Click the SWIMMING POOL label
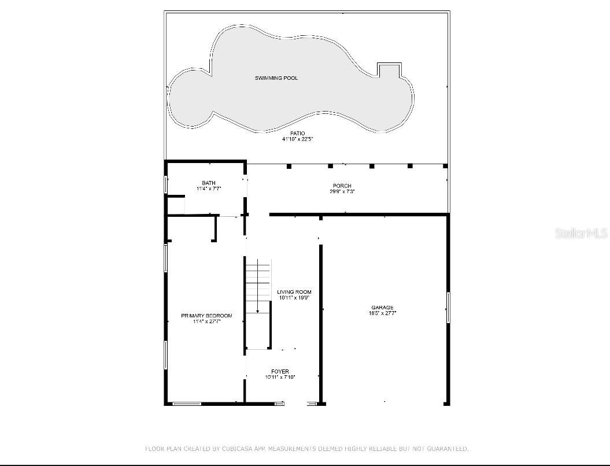(276, 78)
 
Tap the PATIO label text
(297, 134)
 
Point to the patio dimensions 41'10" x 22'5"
(297, 139)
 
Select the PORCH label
(342, 186)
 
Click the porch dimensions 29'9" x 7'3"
(342, 191)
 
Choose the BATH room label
(209, 183)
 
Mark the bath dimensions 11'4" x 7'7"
(209, 188)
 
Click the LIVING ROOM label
(294, 293)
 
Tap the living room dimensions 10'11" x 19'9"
(294, 298)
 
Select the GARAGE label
(382, 308)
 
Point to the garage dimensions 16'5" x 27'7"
(382, 313)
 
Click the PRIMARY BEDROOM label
(206, 316)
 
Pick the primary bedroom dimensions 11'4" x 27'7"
(206, 321)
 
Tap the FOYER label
(280, 372)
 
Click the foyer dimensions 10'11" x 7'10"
(280, 378)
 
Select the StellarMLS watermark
(581, 234)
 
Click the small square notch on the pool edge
(389, 69)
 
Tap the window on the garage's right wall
(448, 308)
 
